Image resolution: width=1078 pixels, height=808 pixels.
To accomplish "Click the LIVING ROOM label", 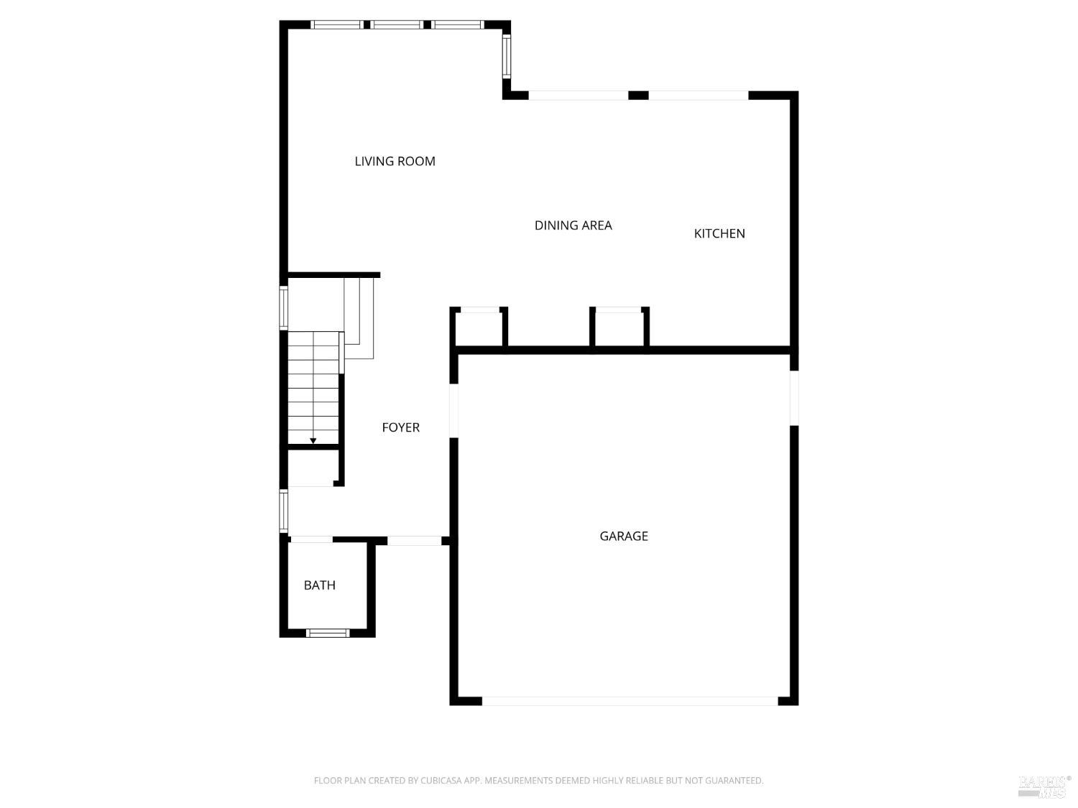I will coord(395,162).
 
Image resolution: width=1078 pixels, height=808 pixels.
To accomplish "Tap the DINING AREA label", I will coord(573,226).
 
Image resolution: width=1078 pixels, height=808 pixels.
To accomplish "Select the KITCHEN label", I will coord(719,233).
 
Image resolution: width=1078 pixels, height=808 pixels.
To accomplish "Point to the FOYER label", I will coord(400,427).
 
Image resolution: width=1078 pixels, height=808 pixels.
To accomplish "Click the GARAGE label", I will coord(623,537).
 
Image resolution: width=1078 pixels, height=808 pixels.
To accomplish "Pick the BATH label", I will coord(319,585).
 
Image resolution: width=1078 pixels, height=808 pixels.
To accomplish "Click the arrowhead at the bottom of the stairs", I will coord(313,440).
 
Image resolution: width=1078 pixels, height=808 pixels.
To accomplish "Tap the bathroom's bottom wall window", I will coord(328,633).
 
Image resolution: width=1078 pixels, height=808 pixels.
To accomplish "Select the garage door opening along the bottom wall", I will coord(630,700).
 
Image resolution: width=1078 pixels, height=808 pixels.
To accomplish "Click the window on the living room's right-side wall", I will coord(506,56).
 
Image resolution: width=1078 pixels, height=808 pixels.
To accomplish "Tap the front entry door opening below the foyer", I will coord(414,540).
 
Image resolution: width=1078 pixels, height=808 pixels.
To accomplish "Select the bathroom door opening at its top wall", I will coord(312,539).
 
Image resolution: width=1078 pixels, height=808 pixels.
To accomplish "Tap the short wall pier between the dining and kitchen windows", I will coord(638,96).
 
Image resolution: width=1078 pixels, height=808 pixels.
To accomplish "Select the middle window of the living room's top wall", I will coord(397,24).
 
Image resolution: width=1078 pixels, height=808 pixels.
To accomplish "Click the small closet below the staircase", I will coord(312,468).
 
